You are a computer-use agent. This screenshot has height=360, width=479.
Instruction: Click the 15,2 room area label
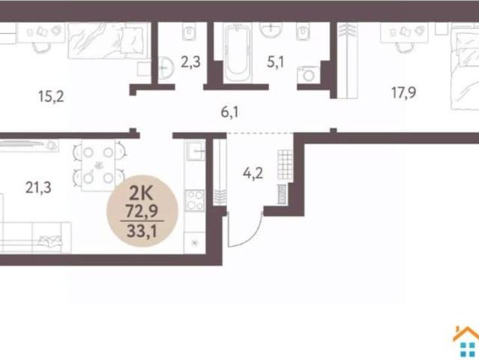51,97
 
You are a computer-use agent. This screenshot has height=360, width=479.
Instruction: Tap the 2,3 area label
190,62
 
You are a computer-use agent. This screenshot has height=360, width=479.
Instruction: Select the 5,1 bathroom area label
276,62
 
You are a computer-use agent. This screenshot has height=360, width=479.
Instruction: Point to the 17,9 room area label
403,92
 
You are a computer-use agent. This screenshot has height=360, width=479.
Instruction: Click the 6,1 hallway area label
230,112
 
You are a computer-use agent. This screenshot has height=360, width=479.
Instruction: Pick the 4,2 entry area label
253,173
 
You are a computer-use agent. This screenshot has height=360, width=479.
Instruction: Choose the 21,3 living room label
38,187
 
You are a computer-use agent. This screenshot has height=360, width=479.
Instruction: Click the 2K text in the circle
141,193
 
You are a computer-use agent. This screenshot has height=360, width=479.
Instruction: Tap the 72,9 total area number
142,211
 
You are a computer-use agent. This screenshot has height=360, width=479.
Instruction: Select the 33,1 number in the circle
142,231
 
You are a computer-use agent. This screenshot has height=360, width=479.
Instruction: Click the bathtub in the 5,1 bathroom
238,53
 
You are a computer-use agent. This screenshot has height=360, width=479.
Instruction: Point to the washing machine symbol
309,74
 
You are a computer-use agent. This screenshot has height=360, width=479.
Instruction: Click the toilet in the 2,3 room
189,31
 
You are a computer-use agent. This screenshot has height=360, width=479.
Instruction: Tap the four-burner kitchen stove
195,200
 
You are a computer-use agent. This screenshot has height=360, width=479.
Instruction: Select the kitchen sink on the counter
196,151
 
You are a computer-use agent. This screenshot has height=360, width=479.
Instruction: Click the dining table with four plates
98,165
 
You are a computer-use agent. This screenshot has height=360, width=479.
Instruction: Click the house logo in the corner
466,342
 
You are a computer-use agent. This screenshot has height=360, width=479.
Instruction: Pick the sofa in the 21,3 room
34,236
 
